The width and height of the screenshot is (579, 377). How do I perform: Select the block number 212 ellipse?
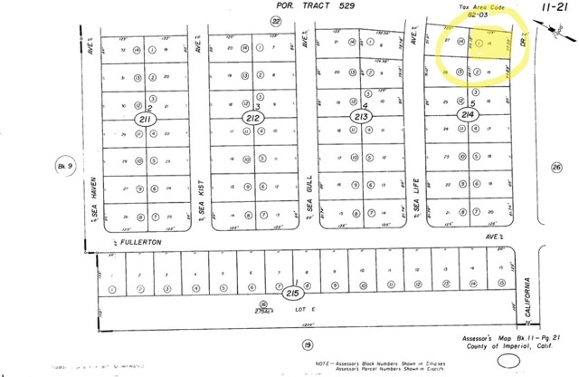(x=252, y=119)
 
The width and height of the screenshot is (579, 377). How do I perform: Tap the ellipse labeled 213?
(x=362, y=117)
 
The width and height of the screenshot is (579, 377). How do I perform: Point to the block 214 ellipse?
(x=467, y=116)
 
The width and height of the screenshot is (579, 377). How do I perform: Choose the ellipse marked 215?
(x=291, y=295)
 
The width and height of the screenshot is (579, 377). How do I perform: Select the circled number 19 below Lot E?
(x=307, y=345)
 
